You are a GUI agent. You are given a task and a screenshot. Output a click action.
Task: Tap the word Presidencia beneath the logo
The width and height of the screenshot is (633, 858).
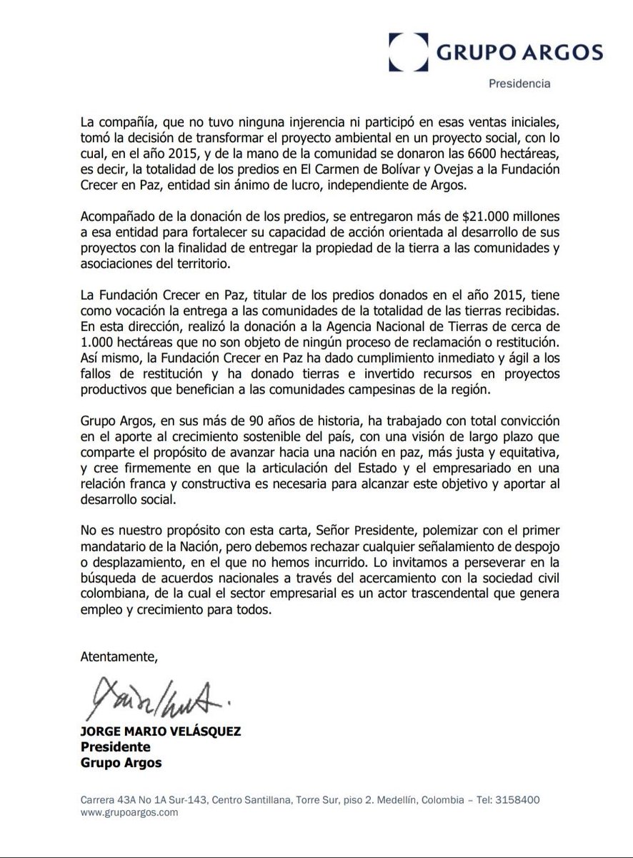pos(519,84)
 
